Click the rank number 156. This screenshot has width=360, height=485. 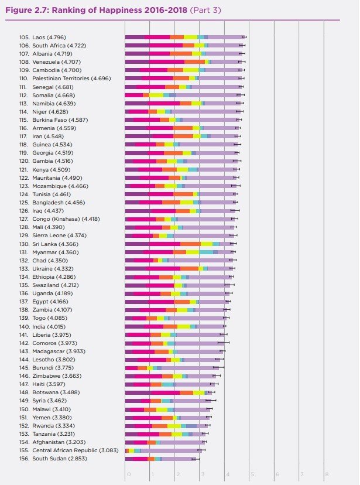(24, 458)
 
